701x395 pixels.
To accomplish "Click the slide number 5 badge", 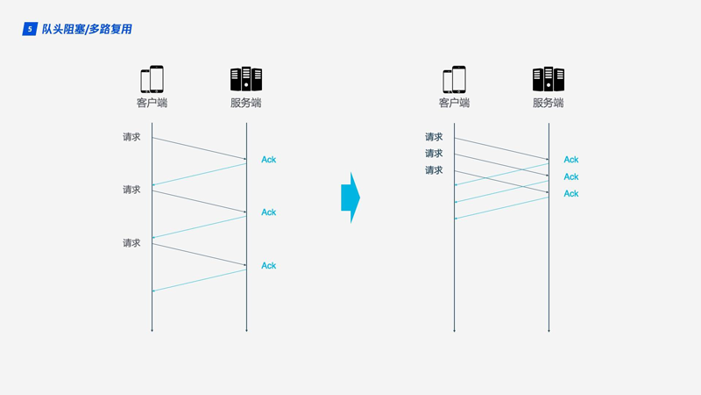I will [30, 29].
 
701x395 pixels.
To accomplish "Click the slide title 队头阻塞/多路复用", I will [87, 29].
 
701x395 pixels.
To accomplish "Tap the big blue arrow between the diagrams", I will [350, 197].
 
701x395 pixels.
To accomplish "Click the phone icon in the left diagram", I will [152, 79].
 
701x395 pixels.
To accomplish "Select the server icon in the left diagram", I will [246, 79].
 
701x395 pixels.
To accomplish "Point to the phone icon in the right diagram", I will [454, 79].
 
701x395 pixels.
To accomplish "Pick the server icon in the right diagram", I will [549, 79].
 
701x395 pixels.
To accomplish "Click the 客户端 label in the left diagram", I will [152, 103].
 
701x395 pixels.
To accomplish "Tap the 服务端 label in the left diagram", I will [246, 103].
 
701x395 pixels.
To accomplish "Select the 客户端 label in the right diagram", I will [454, 103].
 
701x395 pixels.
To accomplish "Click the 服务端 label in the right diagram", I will [549, 103].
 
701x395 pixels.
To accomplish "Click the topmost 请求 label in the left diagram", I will [131, 137].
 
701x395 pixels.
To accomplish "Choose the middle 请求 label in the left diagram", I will [131, 190].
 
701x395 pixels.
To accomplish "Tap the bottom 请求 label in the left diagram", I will [131, 243].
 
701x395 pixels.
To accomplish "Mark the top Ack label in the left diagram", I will [268, 160].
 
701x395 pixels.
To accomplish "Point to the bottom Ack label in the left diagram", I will [268, 266].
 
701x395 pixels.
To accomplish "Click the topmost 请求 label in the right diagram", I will [434, 137].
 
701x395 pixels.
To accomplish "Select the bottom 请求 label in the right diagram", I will [434, 170].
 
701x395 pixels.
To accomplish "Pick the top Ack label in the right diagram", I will [571, 160].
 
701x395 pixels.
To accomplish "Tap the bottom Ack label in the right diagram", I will [571, 194].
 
